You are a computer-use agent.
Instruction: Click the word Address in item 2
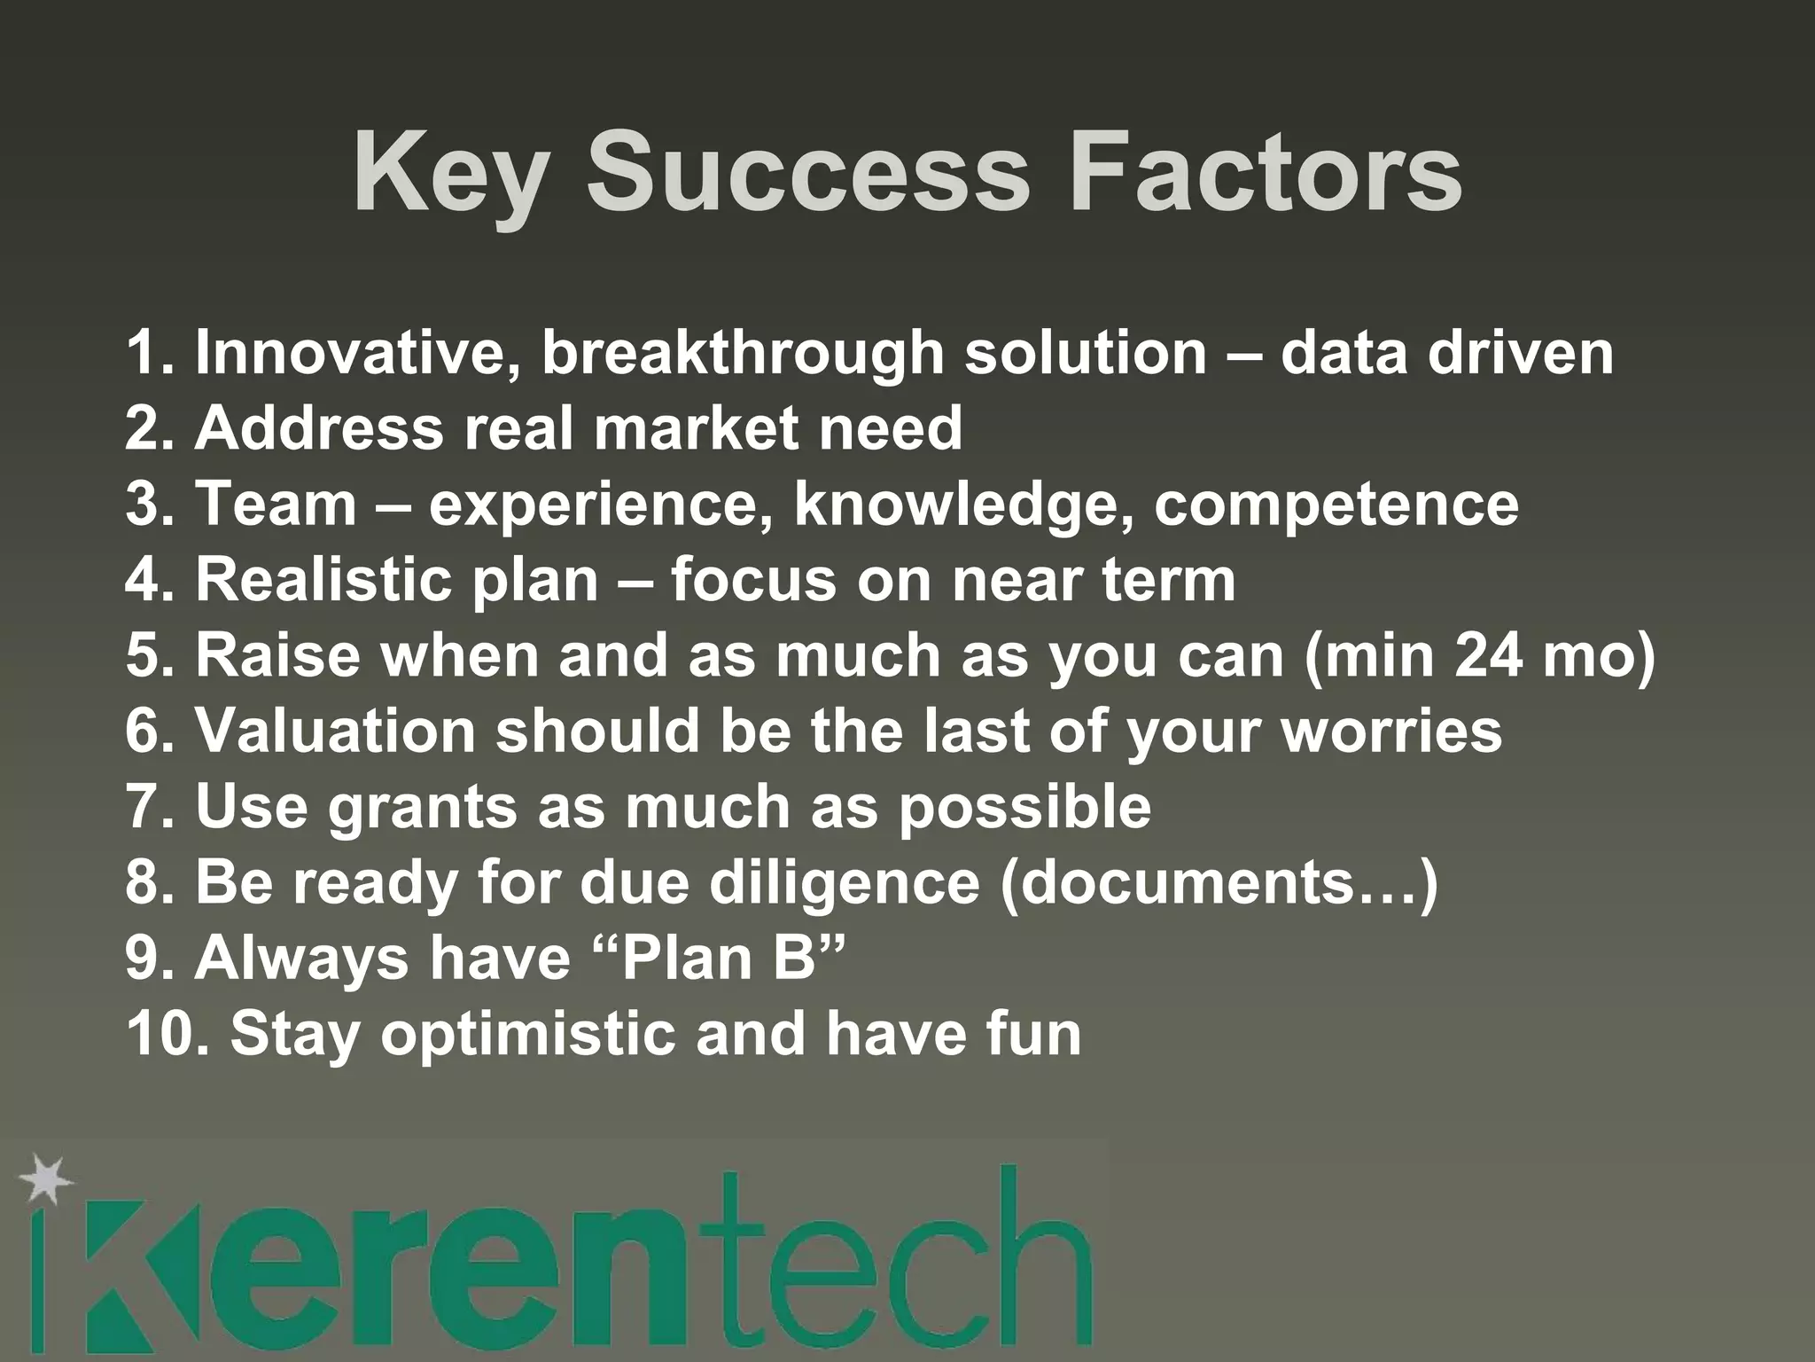(318, 428)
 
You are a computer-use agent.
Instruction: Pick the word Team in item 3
(276, 504)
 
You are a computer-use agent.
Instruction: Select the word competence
(1336, 505)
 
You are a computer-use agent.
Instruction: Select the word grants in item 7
(422, 809)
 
